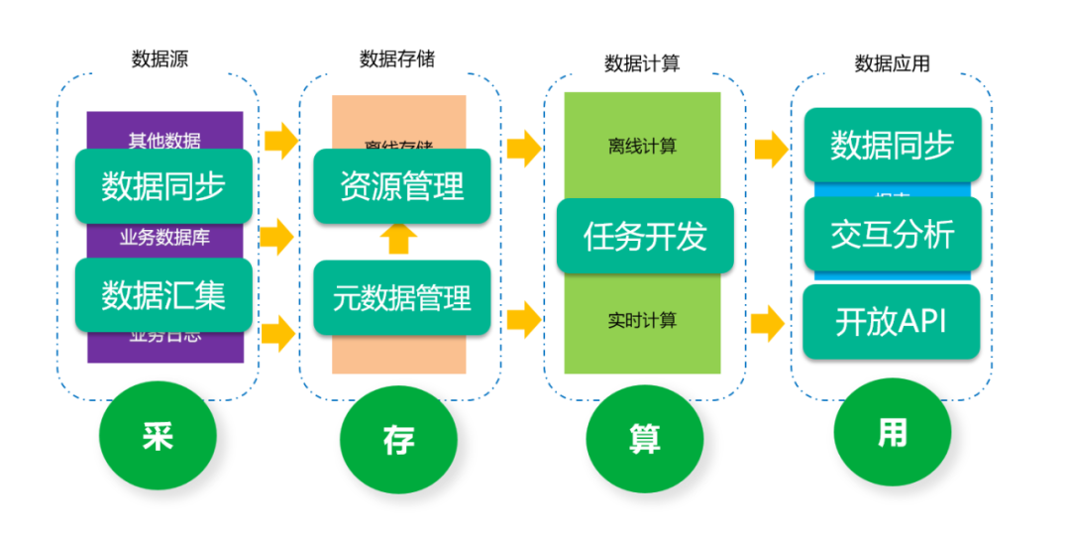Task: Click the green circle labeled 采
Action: coord(159,437)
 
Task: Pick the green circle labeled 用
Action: coord(892,433)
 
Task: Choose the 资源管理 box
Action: coord(402,185)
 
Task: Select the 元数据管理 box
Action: coord(402,297)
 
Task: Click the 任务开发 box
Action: coord(645,236)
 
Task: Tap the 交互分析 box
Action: coord(893,234)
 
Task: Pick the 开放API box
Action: coord(892,322)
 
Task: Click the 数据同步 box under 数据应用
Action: coord(893,145)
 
